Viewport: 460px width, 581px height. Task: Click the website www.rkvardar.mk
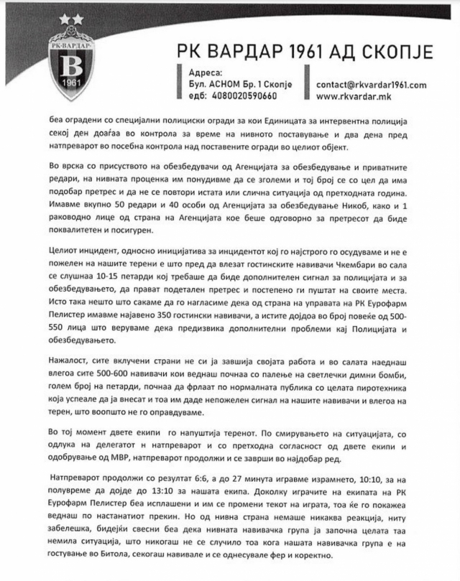tap(351, 94)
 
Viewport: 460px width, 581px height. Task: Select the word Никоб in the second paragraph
tap(367, 206)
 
